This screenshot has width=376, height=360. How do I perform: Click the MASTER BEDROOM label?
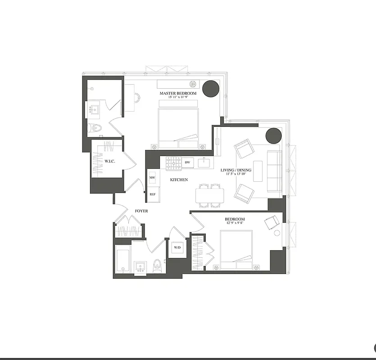178,94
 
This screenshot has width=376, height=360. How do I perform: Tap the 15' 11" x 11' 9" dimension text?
178,98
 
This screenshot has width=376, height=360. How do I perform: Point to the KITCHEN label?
179,180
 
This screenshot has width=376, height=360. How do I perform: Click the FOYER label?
141,211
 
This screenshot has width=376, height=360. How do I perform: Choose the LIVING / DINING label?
236,170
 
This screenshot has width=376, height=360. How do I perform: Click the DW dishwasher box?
188,162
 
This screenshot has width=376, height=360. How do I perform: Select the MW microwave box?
152,178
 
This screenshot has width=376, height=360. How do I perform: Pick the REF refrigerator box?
152,194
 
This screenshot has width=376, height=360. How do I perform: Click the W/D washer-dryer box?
176,247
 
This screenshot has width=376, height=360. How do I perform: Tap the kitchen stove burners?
173,162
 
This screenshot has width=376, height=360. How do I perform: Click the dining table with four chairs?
209,195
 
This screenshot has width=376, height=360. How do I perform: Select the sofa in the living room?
274,170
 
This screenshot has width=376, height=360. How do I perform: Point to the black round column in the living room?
273,135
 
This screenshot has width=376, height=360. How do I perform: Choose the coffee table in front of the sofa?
258,171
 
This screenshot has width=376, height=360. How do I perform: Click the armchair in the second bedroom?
272,223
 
